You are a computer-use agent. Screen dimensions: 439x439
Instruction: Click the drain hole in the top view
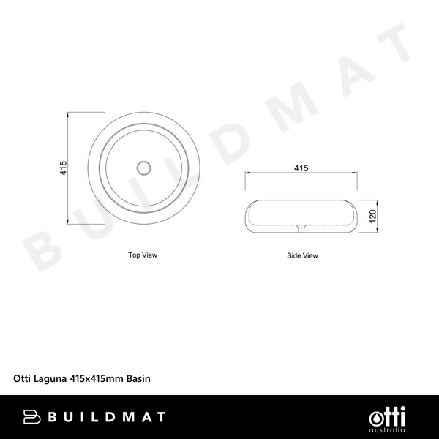[143, 168]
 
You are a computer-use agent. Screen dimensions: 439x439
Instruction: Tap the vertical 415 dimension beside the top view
[64, 168]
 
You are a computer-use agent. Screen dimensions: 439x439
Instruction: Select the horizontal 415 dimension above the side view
[300, 168]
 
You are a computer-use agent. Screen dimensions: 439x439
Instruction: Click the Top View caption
[143, 255]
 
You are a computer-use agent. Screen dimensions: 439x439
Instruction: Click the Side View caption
[302, 256]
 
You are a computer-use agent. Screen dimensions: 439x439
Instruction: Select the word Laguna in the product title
[50, 379]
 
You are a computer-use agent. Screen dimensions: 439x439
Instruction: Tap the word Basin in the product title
[139, 379]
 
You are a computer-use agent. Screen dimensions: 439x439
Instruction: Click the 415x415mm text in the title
[97, 379]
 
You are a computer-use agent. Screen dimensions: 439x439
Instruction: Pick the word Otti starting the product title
[23, 379]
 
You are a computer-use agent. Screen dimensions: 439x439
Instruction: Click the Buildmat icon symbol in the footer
[32, 417]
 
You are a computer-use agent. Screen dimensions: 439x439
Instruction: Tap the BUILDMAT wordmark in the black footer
[106, 417]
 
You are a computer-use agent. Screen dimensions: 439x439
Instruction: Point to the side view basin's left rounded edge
[247, 216]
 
